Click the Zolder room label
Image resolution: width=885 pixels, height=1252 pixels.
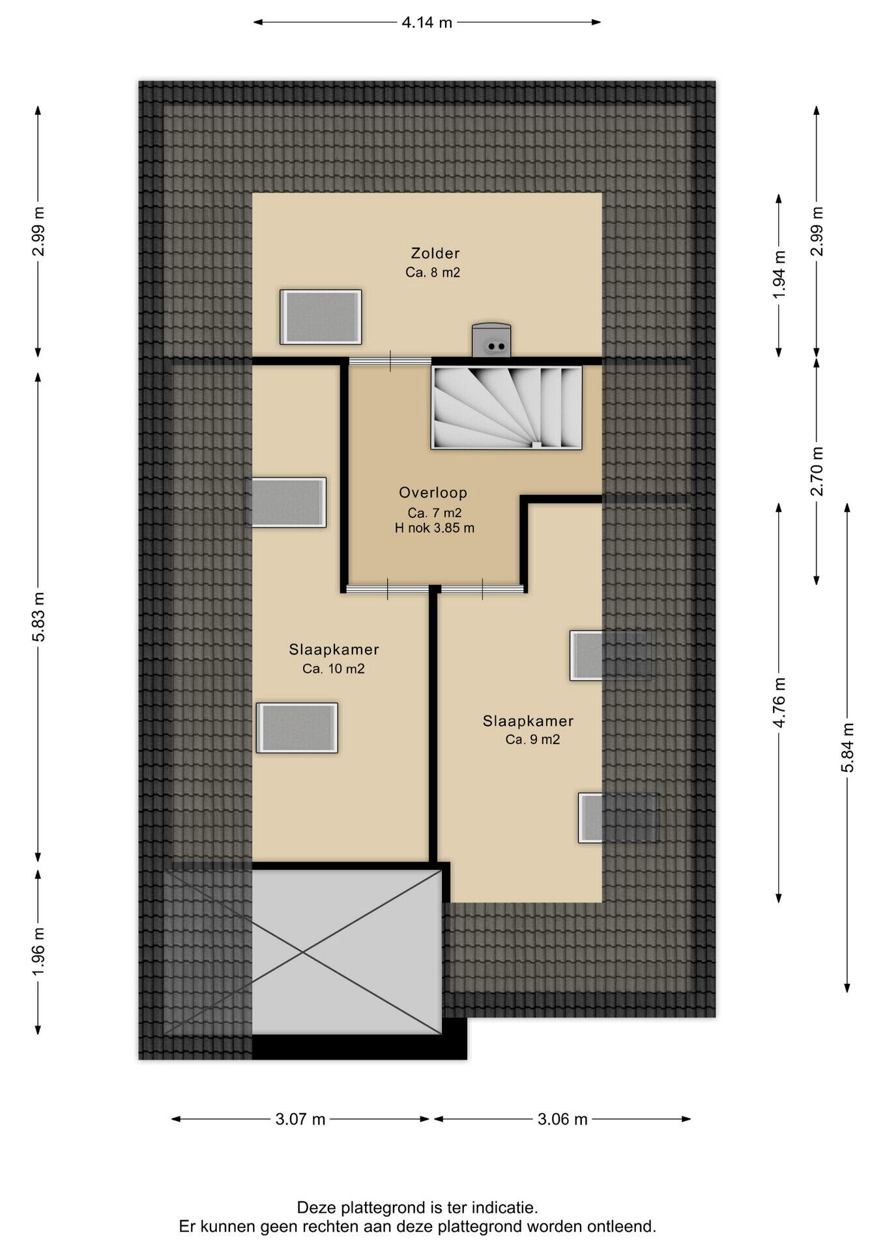tap(435, 253)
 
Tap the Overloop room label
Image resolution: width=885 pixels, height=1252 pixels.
tap(433, 493)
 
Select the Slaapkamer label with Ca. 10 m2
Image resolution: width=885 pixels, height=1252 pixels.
tap(334, 649)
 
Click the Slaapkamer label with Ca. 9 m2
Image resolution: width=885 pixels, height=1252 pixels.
tap(528, 721)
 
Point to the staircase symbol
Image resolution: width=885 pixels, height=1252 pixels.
tap(506, 408)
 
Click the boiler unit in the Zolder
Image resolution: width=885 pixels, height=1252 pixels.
tap(491, 340)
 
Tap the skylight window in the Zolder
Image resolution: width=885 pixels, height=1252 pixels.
tap(321, 317)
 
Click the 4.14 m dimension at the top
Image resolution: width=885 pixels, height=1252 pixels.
tap(427, 22)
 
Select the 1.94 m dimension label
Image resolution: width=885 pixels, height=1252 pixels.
tap(779, 275)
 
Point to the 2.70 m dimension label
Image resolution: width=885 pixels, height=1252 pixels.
tap(817, 471)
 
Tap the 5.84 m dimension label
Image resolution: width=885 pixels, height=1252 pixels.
tap(847, 747)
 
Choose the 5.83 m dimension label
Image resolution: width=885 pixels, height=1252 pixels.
tap(38, 617)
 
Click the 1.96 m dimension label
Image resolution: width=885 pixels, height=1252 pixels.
tap(38, 952)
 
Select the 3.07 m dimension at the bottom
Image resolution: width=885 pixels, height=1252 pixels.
tap(300, 1120)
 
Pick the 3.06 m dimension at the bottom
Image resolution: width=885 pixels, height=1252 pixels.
tap(562, 1120)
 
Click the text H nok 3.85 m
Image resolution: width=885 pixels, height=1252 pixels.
tap(435, 528)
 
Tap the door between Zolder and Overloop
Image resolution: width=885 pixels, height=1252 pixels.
tap(390, 361)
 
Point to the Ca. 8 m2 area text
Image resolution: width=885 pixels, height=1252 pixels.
tap(433, 273)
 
